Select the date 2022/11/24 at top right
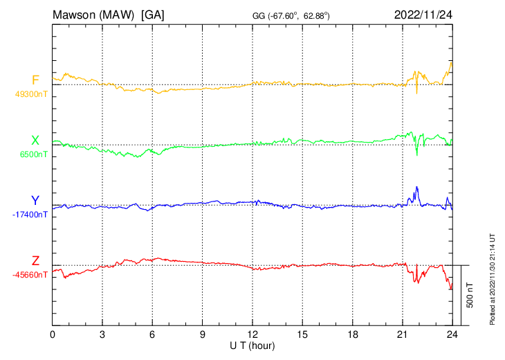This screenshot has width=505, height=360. point(423,15)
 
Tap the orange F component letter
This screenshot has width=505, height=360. point(35,80)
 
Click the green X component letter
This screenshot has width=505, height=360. point(35,141)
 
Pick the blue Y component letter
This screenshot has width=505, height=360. point(35,201)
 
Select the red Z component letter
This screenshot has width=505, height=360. point(35,261)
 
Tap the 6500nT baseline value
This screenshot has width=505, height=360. point(31,154)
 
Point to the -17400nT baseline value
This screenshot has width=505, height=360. point(30,215)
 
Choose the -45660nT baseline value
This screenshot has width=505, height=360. point(30,275)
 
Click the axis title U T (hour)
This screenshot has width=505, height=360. point(252,345)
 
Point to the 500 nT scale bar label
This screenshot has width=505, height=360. point(470,295)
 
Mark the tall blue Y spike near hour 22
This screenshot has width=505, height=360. point(416,188)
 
